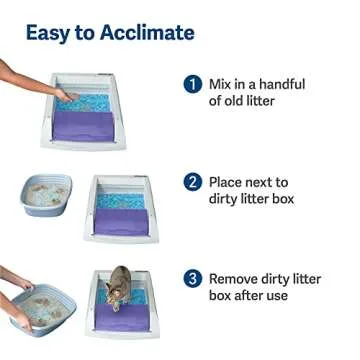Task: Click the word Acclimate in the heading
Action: click(144, 32)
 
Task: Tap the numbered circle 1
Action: click(193, 85)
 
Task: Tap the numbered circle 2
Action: click(193, 182)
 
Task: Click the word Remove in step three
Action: click(237, 278)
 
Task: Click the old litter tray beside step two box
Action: click(47, 195)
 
